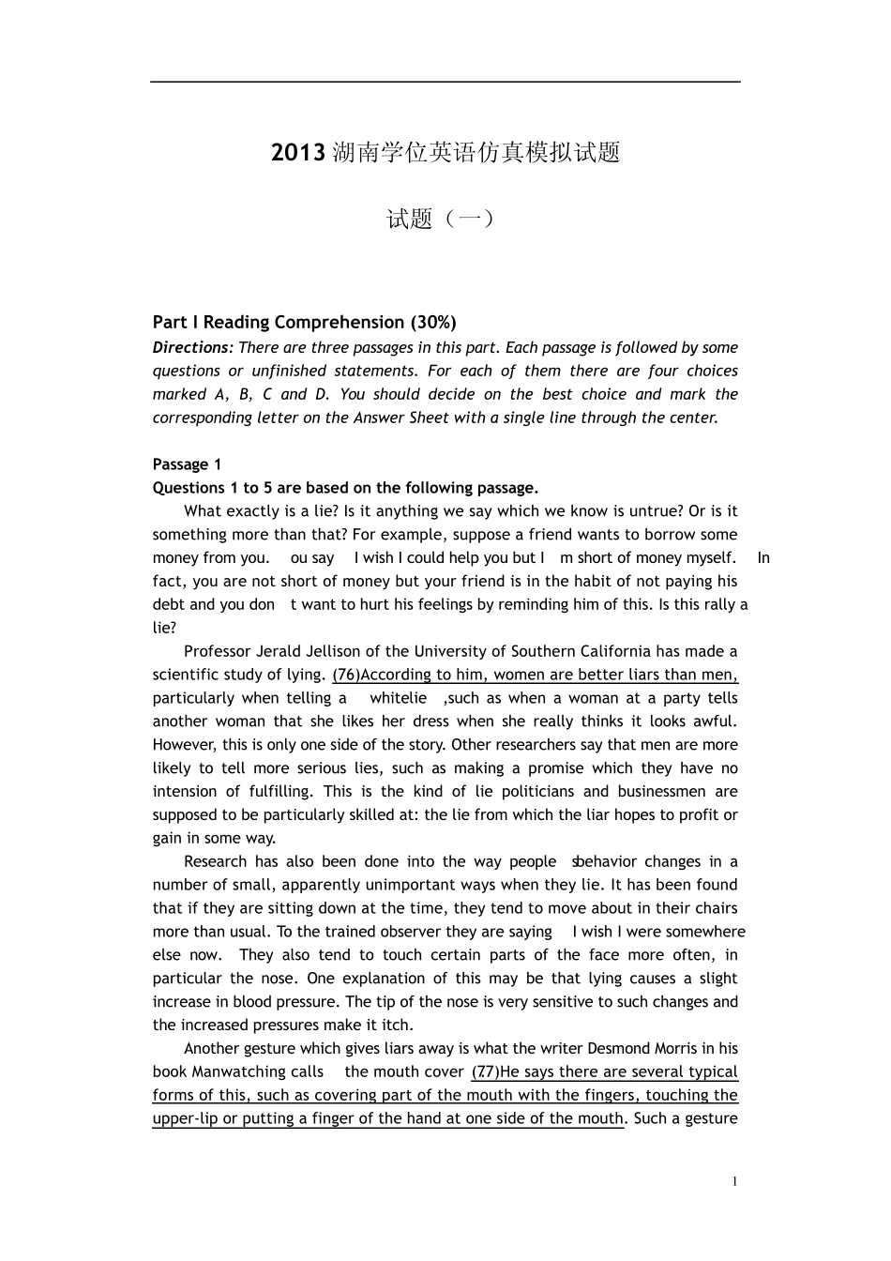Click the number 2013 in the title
[297, 153]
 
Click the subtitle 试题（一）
[440, 220]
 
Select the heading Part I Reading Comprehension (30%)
[304, 323]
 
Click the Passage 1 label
[187, 464]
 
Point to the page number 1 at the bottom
[735, 1181]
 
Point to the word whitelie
[398, 698]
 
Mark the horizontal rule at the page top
[445, 82]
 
